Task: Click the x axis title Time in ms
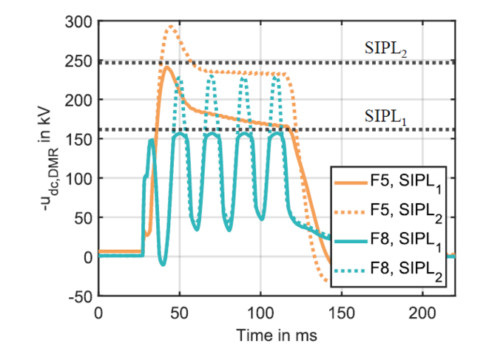click(x=277, y=335)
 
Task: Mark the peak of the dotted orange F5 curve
click(x=170, y=27)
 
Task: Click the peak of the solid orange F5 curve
click(x=167, y=67)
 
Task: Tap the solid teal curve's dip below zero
click(x=163, y=263)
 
